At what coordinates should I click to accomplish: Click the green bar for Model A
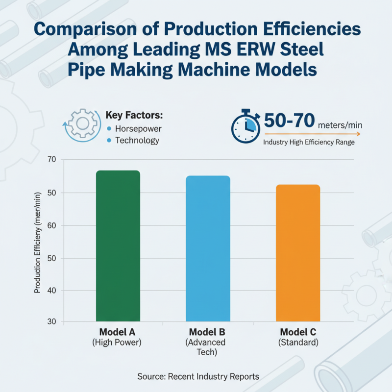[118, 246]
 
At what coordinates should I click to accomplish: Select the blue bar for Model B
[208, 248]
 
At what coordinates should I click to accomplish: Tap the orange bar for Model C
[297, 253]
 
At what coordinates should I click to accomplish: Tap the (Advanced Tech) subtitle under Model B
[208, 347]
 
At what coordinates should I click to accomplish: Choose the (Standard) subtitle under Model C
[298, 343]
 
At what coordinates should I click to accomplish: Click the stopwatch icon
[245, 126]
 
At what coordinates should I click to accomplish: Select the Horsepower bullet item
[138, 128]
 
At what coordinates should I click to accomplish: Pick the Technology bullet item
[137, 141]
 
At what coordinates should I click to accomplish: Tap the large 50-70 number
[289, 122]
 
